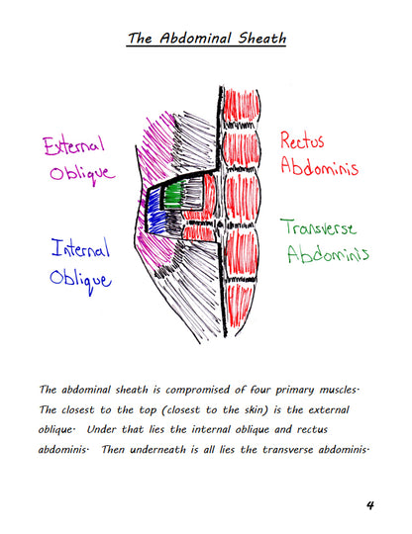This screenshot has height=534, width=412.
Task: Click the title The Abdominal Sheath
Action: tap(206, 39)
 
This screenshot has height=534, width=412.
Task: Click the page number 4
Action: tap(368, 504)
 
